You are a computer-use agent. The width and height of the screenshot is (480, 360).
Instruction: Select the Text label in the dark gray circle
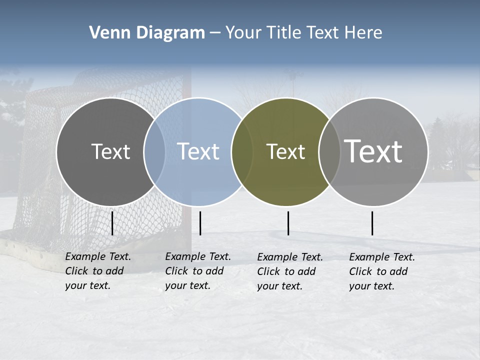110,151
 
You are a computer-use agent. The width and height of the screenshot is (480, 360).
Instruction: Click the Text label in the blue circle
198,151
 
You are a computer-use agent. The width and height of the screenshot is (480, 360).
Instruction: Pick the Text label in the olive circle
285,151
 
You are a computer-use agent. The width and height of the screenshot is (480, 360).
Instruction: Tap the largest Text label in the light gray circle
373,151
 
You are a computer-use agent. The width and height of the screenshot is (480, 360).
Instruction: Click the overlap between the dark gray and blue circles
154,152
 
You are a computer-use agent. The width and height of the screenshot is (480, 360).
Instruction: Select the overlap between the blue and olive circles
242,152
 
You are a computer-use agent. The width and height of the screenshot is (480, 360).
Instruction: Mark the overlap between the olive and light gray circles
329,152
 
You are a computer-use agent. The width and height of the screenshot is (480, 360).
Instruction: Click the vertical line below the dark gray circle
112,223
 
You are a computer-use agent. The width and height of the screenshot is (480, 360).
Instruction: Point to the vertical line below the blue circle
200,223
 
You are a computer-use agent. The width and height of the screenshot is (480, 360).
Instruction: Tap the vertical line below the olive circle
288,223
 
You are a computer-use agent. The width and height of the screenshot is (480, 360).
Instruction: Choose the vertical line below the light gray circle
372,223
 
